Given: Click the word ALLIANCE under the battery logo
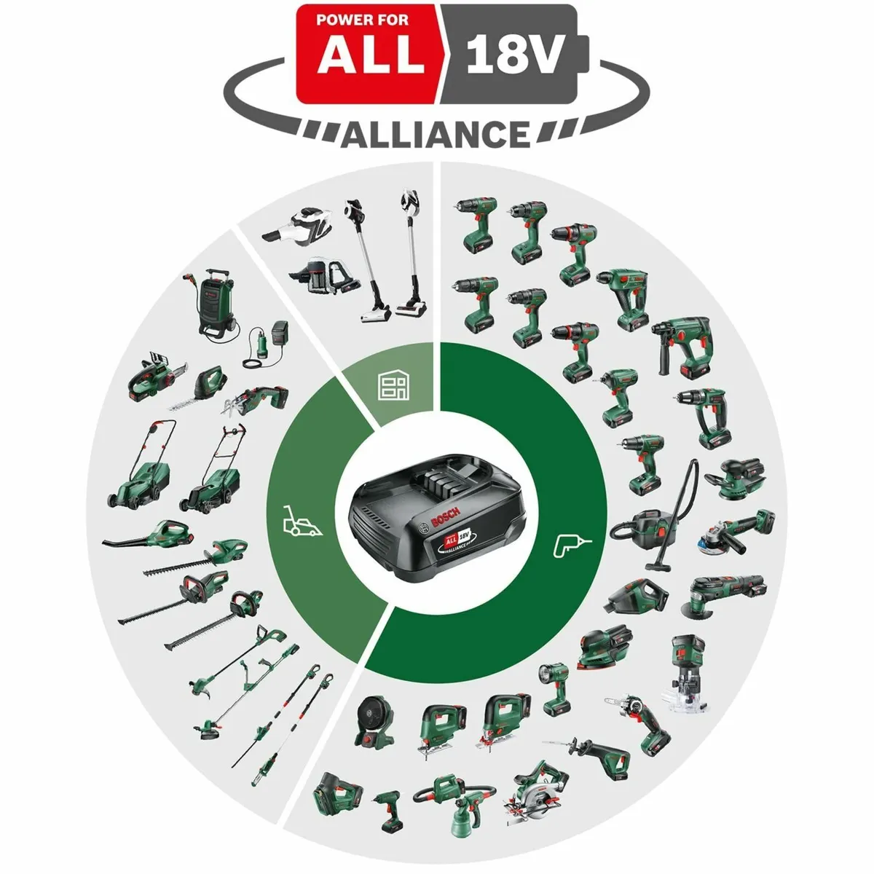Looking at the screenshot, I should click(x=436, y=135).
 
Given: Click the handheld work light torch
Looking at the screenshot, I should click(x=554, y=688).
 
